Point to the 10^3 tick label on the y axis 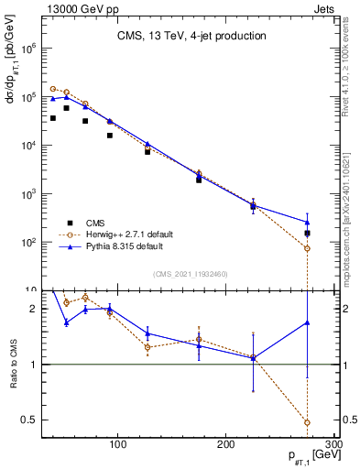(27, 194)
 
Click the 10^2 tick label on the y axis (27, 243)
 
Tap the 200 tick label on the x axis (226, 444)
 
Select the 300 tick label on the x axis (333, 444)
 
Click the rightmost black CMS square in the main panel (307, 234)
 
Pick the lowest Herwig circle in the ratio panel (307, 422)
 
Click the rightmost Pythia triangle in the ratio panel (307, 322)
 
